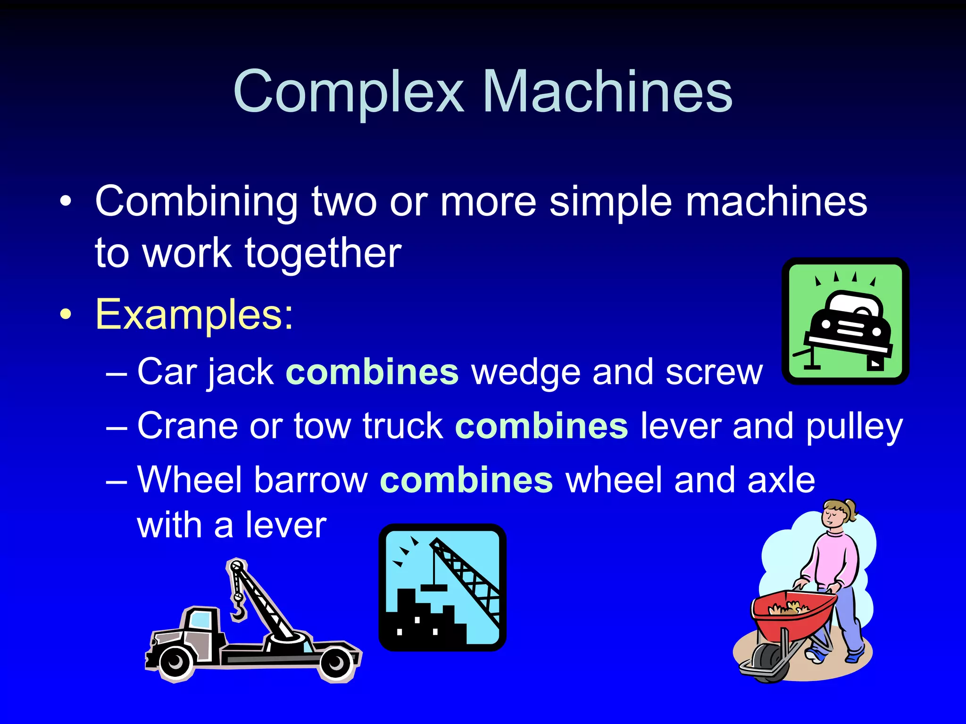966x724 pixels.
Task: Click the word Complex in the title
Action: click(349, 92)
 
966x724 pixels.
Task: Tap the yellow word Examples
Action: click(194, 314)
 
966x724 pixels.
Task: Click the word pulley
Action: click(854, 427)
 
